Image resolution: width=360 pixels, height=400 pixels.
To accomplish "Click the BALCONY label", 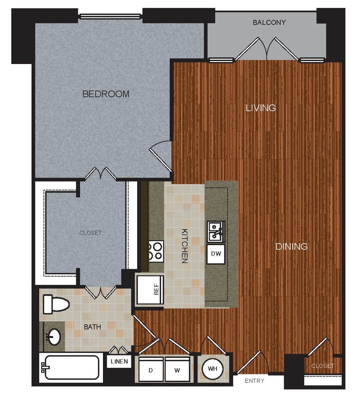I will click(x=269, y=22).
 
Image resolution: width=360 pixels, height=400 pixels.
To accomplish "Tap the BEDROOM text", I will click(x=106, y=94).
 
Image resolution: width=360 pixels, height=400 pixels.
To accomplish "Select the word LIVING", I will click(x=260, y=108).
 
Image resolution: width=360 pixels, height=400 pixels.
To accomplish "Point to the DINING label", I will click(x=291, y=246).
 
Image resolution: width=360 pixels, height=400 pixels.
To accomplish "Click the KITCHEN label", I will click(x=185, y=246).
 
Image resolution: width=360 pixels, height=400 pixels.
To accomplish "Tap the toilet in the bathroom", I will click(x=55, y=303).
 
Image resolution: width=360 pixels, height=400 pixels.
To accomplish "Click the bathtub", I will click(x=71, y=367).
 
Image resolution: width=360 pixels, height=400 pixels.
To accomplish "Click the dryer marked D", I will click(x=150, y=369).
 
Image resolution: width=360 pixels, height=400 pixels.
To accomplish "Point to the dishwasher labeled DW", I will click(x=216, y=254).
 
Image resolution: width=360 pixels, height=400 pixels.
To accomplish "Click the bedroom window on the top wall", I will click(x=110, y=17).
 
